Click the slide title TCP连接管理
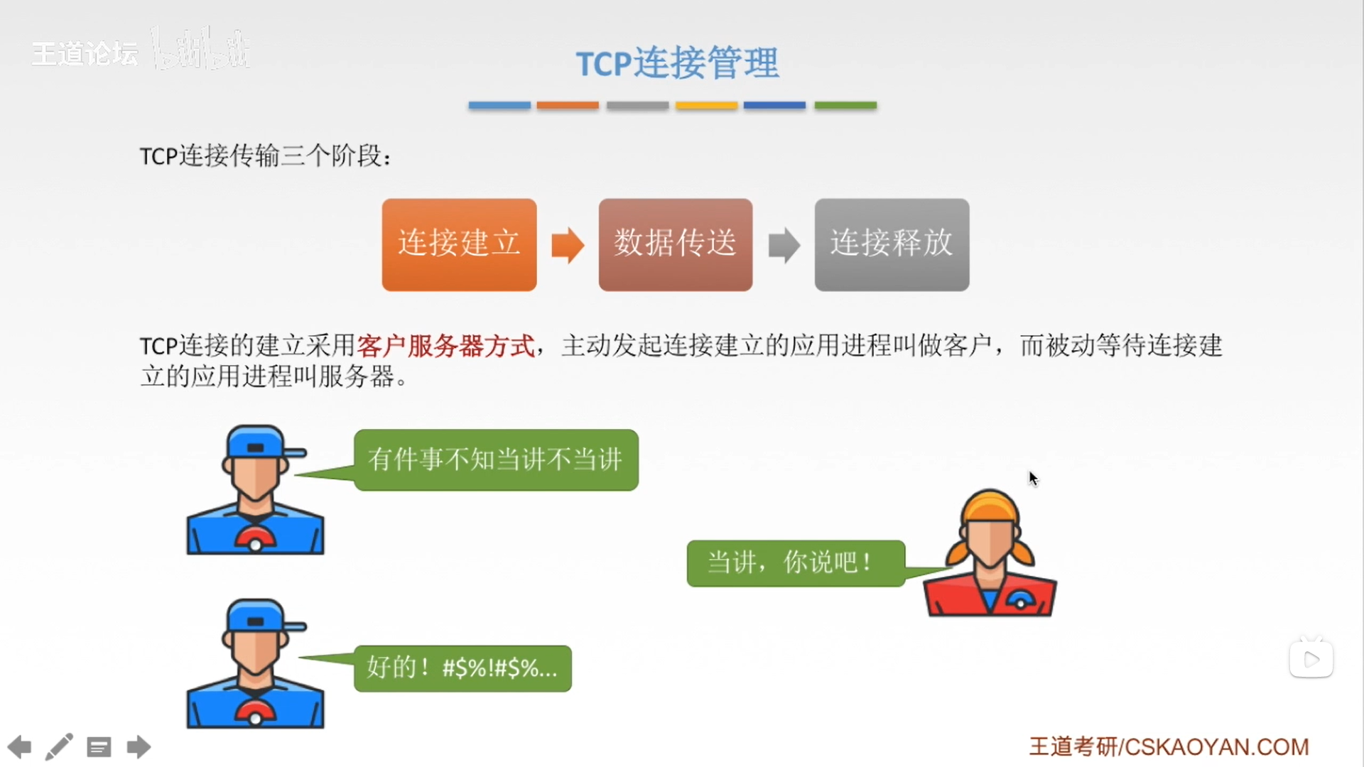click(677, 63)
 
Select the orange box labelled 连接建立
click(459, 244)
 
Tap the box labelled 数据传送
click(676, 244)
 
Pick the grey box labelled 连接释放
click(892, 244)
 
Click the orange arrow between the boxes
click(568, 246)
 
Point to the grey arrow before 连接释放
click(784, 246)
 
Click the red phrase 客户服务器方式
click(445, 346)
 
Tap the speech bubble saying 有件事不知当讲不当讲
click(496, 459)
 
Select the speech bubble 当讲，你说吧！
click(796, 563)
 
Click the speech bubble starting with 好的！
click(462, 668)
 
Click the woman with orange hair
click(990, 553)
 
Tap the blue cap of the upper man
click(259, 444)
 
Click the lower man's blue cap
click(259, 618)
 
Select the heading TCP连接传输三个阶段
click(264, 156)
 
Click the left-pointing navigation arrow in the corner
click(20, 747)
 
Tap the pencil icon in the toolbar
click(59, 747)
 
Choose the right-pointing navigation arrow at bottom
click(139, 747)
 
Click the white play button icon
click(1311, 659)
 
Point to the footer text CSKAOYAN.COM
click(1217, 747)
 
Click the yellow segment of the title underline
click(706, 105)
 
